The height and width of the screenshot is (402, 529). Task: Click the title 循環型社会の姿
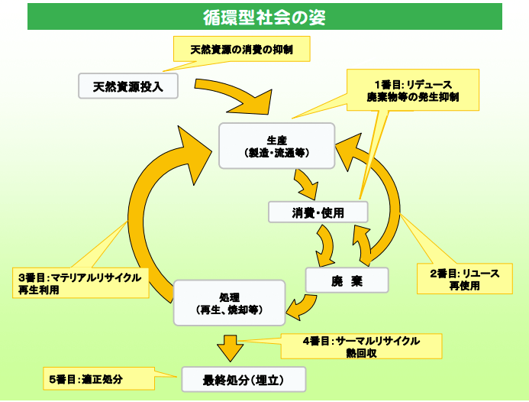tap(264, 17)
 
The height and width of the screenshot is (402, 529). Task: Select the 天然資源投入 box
tap(128, 86)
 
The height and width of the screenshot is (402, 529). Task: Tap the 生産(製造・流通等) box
tap(277, 145)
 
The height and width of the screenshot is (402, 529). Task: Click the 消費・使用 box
tap(318, 212)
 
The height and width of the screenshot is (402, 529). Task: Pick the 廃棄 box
tap(347, 280)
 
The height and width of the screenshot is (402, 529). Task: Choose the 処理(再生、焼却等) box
tap(229, 302)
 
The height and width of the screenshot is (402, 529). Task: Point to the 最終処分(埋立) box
tap(244, 379)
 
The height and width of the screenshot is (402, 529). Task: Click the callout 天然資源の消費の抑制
tap(240, 50)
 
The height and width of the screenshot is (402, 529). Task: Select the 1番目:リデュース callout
tap(413, 90)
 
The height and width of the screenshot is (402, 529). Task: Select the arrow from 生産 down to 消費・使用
tap(307, 183)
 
